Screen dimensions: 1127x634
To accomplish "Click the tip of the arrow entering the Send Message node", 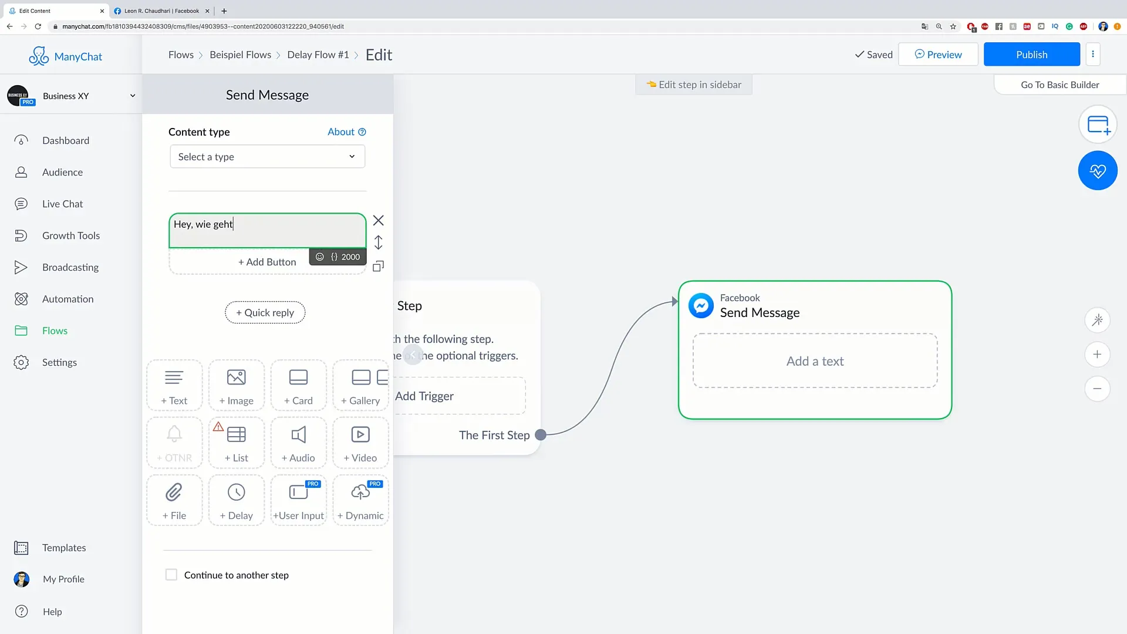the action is [x=679, y=302].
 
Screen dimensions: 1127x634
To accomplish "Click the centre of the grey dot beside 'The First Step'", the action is [x=541, y=435].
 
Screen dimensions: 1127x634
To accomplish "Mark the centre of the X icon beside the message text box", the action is [x=379, y=221].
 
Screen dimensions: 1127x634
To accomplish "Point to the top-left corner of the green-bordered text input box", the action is [x=169, y=214].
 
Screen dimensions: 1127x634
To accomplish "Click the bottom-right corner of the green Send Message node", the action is [x=951, y=419].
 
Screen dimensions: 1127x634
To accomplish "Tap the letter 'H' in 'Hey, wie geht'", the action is [x=177, y=224].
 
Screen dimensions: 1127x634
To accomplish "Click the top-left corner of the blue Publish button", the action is [x=984, y=42].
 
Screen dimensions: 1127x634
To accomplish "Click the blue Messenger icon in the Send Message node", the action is [x=701, y=305].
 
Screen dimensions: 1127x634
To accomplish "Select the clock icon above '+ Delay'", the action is [x=237, y=492].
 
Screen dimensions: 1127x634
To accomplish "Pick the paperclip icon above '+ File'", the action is [x=174, y=492].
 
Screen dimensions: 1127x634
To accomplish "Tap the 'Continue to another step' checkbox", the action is [x=171, y=575].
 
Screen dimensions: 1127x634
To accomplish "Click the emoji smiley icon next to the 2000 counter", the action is [x=320, y=257].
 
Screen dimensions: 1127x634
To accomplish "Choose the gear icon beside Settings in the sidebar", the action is [x=21, y=362].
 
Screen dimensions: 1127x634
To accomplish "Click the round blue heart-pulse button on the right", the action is [x=1098, y=171].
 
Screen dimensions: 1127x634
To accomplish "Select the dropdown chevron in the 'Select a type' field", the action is [x=352, y=157].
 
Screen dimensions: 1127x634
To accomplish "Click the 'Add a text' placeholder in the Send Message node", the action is [x=815, y=361].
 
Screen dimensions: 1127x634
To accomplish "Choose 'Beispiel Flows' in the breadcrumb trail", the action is [x=241, y=55].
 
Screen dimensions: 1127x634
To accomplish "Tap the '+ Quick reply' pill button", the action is [x=265, y=312].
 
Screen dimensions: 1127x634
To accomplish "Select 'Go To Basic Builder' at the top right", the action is [x=1060, y=85].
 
